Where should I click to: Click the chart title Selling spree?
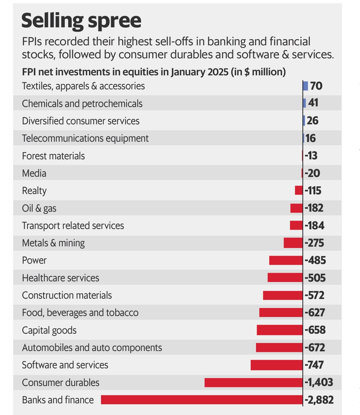tap(81, 21)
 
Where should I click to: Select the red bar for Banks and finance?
tap(202, 400)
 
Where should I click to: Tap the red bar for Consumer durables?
tap(253, 382)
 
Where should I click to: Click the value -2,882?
tap(319, 400)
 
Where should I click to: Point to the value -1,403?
tap(319, 382)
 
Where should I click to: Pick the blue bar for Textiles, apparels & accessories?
tap(306, 86)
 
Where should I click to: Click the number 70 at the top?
tap(316, 86)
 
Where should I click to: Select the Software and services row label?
tap(65, 365)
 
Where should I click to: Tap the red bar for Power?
tap(286, 260)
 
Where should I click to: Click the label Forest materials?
tap(53, 156)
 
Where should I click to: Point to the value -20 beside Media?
tap(312, 173)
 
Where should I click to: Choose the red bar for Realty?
tap(299, 190)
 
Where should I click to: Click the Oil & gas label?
tap(39, 208)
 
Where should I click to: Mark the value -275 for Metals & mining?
tap(314, 243)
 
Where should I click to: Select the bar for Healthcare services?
tap(285, 278)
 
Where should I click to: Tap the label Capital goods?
tap(49, 330)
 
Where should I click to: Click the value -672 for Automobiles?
tap(315, 348)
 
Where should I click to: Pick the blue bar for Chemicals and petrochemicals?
tap(304, 103)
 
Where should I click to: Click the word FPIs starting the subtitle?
tap(32, 42)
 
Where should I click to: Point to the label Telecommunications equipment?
tap(85, 138)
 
